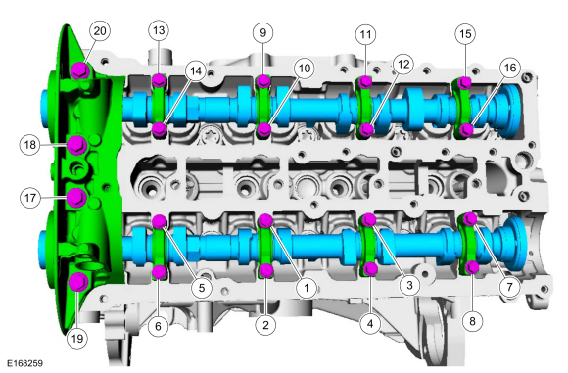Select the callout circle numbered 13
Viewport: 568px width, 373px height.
pyautogui.click(x=159, y=31)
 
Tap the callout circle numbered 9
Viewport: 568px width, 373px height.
pyautogui.click(x=261, y=32)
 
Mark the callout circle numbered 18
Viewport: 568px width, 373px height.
pyautogui.click(x=30, y=145)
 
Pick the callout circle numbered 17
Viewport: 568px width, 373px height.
pyautogui.click(x=30, y=198)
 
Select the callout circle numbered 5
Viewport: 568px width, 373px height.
pyautogui.click(x=200, y=288)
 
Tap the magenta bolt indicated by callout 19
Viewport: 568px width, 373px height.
pyautogui.click(x=78, y=284)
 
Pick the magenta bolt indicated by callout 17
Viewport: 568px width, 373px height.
pyautogui.click(x=76, y=198)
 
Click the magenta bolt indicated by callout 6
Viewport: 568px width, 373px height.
pyautogui.click(x=159, y=270)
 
